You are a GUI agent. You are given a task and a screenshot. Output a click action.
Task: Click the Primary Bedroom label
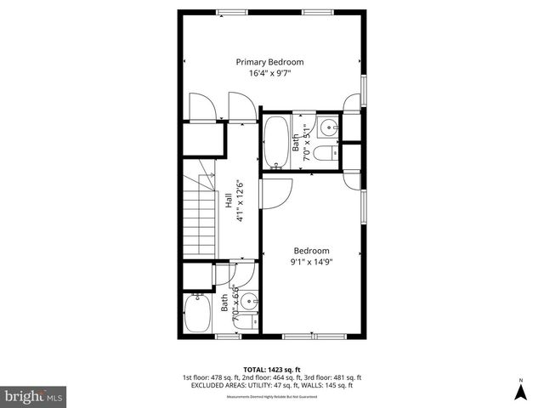(x=269, y=62)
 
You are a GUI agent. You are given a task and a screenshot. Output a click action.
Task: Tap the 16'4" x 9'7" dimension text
(x=269, y=74)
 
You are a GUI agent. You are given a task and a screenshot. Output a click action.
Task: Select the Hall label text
(x=229, y=201)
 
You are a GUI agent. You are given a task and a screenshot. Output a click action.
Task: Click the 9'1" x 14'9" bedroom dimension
(x=312, y=262)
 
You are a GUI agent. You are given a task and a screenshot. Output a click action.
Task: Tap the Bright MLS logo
(x=33, y=396)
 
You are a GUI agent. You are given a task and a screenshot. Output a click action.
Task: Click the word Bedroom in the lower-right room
(x=312, y=250)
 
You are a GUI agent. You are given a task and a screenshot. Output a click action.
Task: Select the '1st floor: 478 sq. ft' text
(x=210, y=377)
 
